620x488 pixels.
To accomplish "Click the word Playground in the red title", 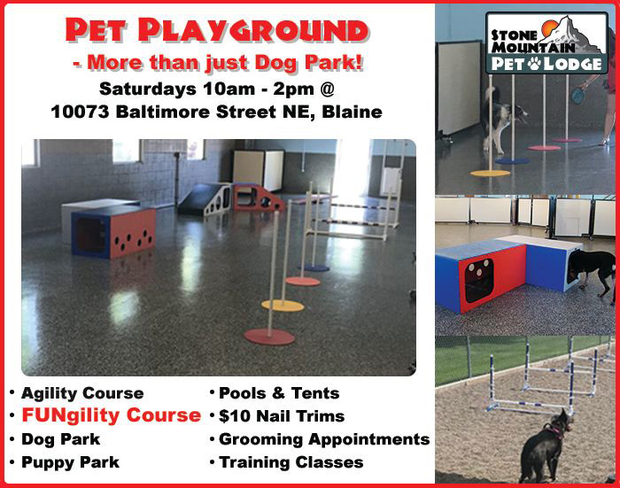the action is pos(253,30).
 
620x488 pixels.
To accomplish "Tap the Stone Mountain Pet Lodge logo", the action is pos(546,43).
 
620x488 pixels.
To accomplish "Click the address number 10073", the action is pos(80,112).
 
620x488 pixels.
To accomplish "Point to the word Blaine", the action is pos(352,112).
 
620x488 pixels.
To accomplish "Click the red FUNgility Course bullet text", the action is pos(111,415).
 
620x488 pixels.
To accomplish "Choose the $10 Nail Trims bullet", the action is pos(282,416).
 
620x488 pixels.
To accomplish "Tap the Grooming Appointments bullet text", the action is pos(324,439).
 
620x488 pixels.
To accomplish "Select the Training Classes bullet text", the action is pos(291,462).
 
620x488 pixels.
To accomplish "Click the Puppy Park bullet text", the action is pos(70,462).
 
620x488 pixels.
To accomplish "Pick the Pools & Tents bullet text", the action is pos(279,393).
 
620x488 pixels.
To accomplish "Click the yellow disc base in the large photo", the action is pos(283,306).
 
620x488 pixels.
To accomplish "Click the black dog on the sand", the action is pos(545,449).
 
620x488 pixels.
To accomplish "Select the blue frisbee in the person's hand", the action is pos(579,96).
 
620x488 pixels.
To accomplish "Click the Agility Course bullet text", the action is pos(82,393).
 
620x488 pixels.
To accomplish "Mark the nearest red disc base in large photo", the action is pos(269,337).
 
